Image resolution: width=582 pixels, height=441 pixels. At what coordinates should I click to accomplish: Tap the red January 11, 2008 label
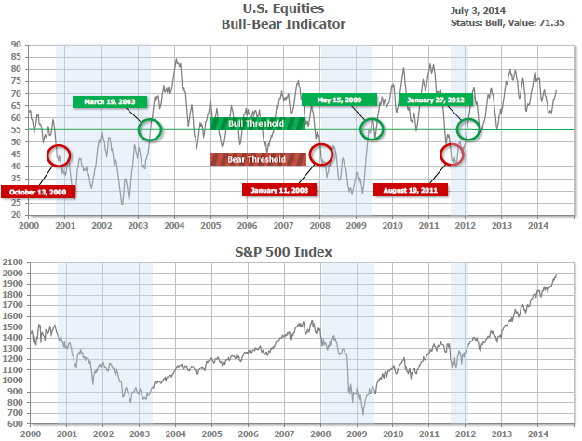(x=280, y=190)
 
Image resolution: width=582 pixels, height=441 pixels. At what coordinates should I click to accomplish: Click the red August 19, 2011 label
(x=411, y=190)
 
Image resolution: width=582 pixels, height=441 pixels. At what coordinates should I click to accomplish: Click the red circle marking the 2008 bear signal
(x=320, y=153)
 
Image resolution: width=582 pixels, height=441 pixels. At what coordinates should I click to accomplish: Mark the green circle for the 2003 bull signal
(x=149, y=129)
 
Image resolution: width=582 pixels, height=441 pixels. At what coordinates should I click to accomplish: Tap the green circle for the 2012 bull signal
(x=468, y=129)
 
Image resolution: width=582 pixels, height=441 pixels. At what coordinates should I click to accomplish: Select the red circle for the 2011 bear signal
(x=451, y=154)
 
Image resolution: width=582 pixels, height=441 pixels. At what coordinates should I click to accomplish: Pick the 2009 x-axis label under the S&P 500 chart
(x=356, y=433)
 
